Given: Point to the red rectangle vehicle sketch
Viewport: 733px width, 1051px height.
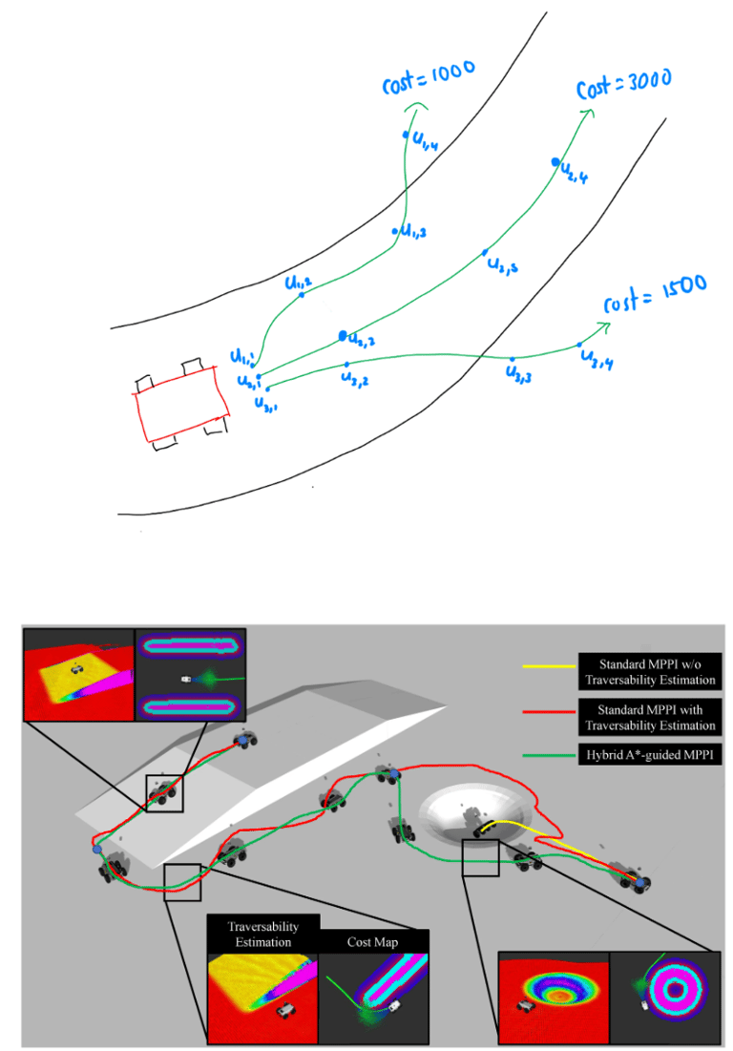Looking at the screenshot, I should click(180, 406).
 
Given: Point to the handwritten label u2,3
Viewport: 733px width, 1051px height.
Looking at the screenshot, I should click(502, 263).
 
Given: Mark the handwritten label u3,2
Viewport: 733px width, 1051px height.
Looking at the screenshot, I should click(355, 376).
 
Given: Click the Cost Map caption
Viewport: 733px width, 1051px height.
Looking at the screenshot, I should click(374, 941).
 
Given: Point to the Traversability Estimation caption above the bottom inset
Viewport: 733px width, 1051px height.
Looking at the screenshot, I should click(262, 935).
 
